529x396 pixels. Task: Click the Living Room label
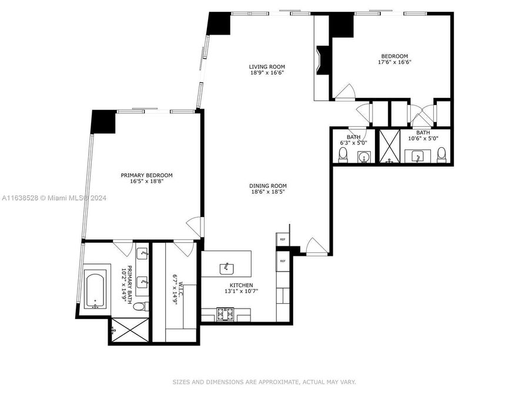(x=267, y=67)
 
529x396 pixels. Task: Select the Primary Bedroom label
(x=147, y=175)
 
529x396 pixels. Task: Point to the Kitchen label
(x=241, y=285)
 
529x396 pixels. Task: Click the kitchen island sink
(x=226, y=269)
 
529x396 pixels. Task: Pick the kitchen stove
(x=225, y=314)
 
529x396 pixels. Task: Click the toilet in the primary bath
(x=140, y=306)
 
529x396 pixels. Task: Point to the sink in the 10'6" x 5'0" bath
(x=417, y=157)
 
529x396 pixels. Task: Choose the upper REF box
(x=283, y=239)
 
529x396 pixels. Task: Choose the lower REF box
(x=283, y=261)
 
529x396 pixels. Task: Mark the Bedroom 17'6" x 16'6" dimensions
(x=394, y=62)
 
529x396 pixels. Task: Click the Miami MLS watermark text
(x=54, y=198)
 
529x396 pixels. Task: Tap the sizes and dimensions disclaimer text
(x=264, y=382)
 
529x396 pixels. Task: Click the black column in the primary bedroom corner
(x=103, y=121)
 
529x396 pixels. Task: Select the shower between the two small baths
(x=390, y=147)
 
